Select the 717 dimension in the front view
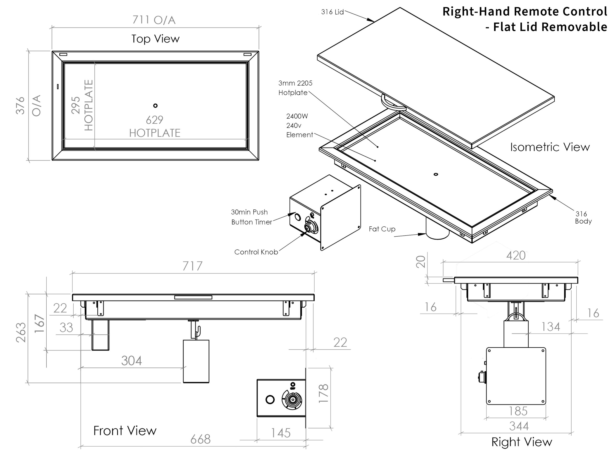[x=192, y=266]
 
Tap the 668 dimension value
[x=200, y=439]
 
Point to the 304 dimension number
[x=131, y=361]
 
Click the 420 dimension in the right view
[x=516, y=255]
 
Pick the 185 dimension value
[x=518, y=411]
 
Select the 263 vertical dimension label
[x=21, y=332]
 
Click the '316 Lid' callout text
[x=332, y=12]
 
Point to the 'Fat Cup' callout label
[x=382, y=229]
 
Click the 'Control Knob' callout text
[x=256, y=252]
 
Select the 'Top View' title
[x=155, y=39]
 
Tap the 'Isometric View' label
[x=550, y=147]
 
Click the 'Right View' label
[x=522, y=442]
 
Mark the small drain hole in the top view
[x=155, y=105]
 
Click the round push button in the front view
[x=270, y=399]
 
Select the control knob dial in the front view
[x=292, y=399]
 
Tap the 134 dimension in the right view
[x=551, y=327]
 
